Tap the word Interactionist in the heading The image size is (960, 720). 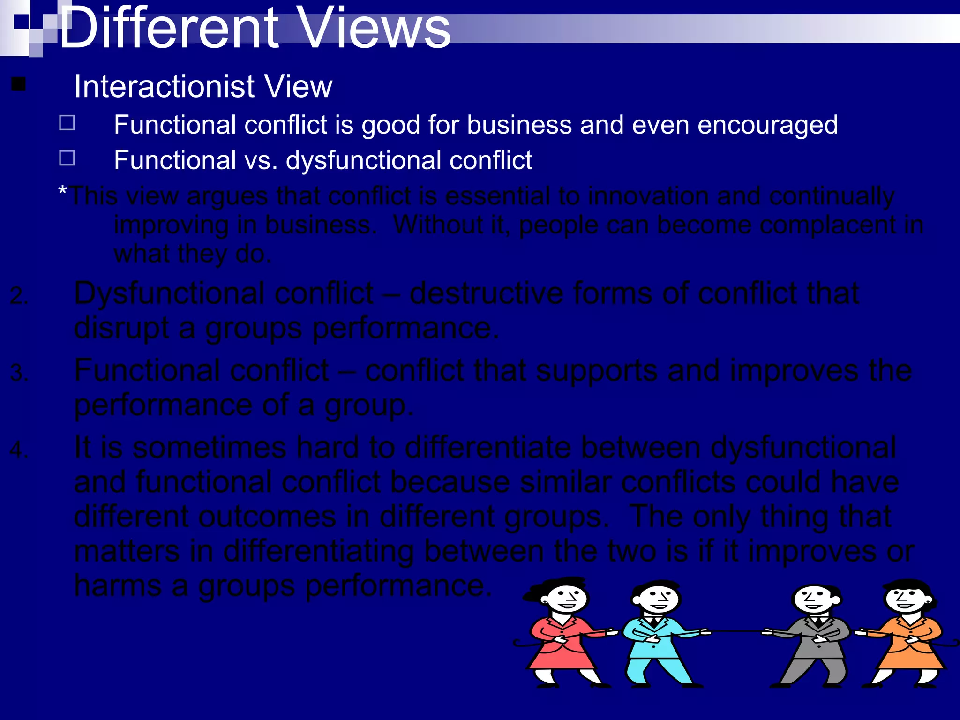pos(164,87)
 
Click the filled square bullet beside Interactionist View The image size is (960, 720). pos(19,84)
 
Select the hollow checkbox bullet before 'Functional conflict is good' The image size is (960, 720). pos(67,123)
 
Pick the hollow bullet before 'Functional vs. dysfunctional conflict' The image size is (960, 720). pos(67,158)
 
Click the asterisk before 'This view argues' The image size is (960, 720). pos(62,191)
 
